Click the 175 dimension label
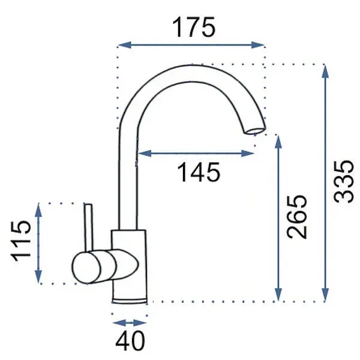(x=194, y=28)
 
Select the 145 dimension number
(x=199, y=172)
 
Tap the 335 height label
(x=343, y=182)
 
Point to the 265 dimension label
(x=297, y=217)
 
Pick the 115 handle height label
(x=21, y=241)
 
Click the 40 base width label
(x=130, y=341)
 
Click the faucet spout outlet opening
(x=255, y=131)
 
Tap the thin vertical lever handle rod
(x=89, y=227)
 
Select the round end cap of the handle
(x=86, y=267)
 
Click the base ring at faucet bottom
(x=130, y=301)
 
